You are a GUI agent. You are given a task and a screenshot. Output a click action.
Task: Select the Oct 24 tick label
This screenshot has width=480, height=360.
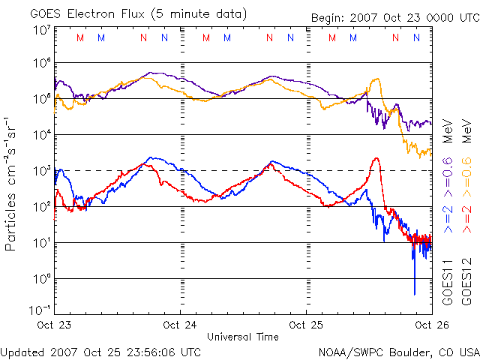pos(180,325)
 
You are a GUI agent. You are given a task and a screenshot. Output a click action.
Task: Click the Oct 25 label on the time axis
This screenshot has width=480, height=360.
pos(307,325)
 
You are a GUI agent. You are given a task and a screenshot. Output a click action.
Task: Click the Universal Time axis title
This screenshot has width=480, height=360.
pos(244,337)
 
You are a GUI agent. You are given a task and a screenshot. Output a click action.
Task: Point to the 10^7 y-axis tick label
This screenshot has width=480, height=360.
pos(41,31)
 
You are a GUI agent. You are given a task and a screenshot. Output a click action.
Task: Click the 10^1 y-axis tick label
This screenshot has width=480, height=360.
pos(41,243)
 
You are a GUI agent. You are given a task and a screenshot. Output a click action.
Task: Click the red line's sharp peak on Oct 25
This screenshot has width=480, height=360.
pos(376,158)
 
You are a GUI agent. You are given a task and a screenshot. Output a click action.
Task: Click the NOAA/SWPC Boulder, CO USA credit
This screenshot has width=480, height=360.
pos(398,352)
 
